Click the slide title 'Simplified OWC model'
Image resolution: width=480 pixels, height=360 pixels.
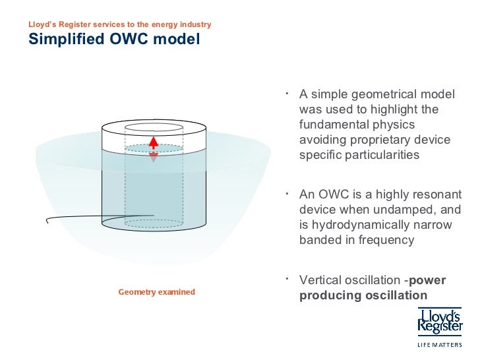pos(113,40)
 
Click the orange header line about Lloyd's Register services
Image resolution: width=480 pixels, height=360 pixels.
pos(119,24)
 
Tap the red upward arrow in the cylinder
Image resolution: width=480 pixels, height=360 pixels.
pos(153,142)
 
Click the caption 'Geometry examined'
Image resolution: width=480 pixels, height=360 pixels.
pos(156,291)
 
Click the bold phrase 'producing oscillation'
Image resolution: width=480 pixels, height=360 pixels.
pos(363,295)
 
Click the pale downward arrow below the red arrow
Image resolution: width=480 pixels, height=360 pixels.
pos(153,158)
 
